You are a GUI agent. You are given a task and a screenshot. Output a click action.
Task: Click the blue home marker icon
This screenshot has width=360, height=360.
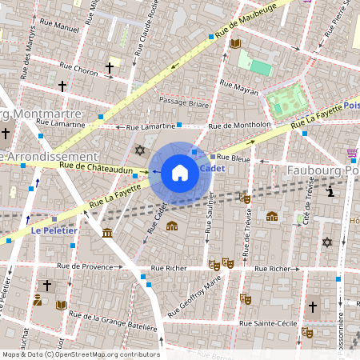[x=179, y=173]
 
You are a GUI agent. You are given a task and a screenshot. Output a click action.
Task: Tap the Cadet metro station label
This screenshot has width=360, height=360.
[x=210, y=169]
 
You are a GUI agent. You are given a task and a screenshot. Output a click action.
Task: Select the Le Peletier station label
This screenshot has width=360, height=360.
[x=54, y=230]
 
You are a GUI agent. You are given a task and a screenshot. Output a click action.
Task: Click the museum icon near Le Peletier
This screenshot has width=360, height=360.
[x=108, y=233]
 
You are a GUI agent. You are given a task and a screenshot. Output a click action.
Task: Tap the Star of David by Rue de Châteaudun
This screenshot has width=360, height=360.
[x=140, y=150]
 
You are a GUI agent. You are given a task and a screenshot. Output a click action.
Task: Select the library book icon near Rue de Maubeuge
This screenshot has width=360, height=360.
[x=235, y=43]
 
